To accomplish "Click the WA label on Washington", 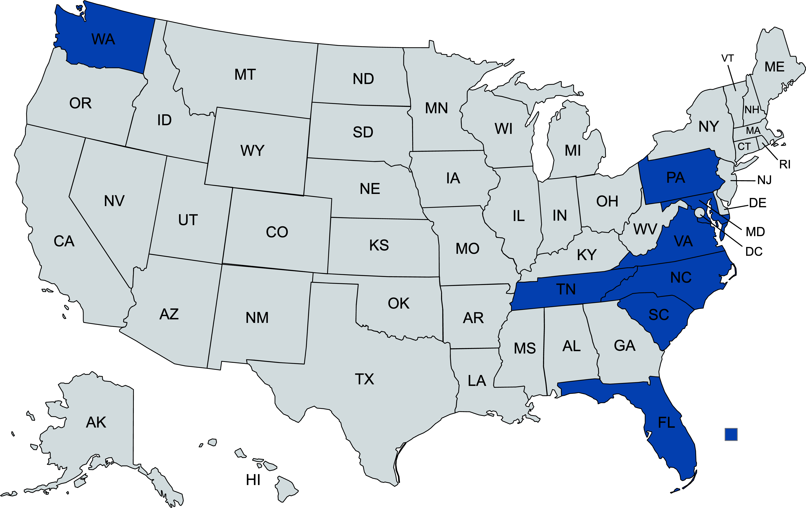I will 103,39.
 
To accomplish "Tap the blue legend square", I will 731,434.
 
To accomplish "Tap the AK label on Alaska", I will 96,422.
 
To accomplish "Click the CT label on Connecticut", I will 744,146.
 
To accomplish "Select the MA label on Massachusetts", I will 753,130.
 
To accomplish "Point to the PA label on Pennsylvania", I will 676,177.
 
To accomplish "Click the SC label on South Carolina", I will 659,315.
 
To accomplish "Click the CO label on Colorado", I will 277,232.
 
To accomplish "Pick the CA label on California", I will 64,241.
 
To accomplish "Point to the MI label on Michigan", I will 573,151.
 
